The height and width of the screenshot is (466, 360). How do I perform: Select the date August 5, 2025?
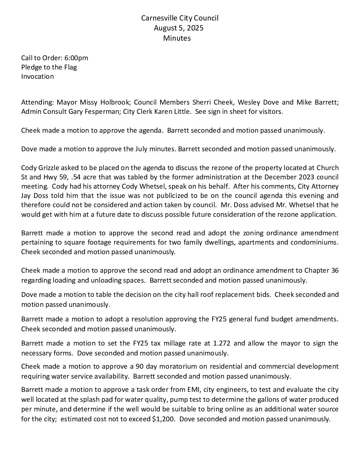(x=178, y=28)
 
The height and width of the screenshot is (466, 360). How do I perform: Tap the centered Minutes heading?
(x=177, y=38)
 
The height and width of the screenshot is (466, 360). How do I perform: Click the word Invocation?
(x=37, y=76)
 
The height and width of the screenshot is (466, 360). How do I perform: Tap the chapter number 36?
(x=335, y=271)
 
